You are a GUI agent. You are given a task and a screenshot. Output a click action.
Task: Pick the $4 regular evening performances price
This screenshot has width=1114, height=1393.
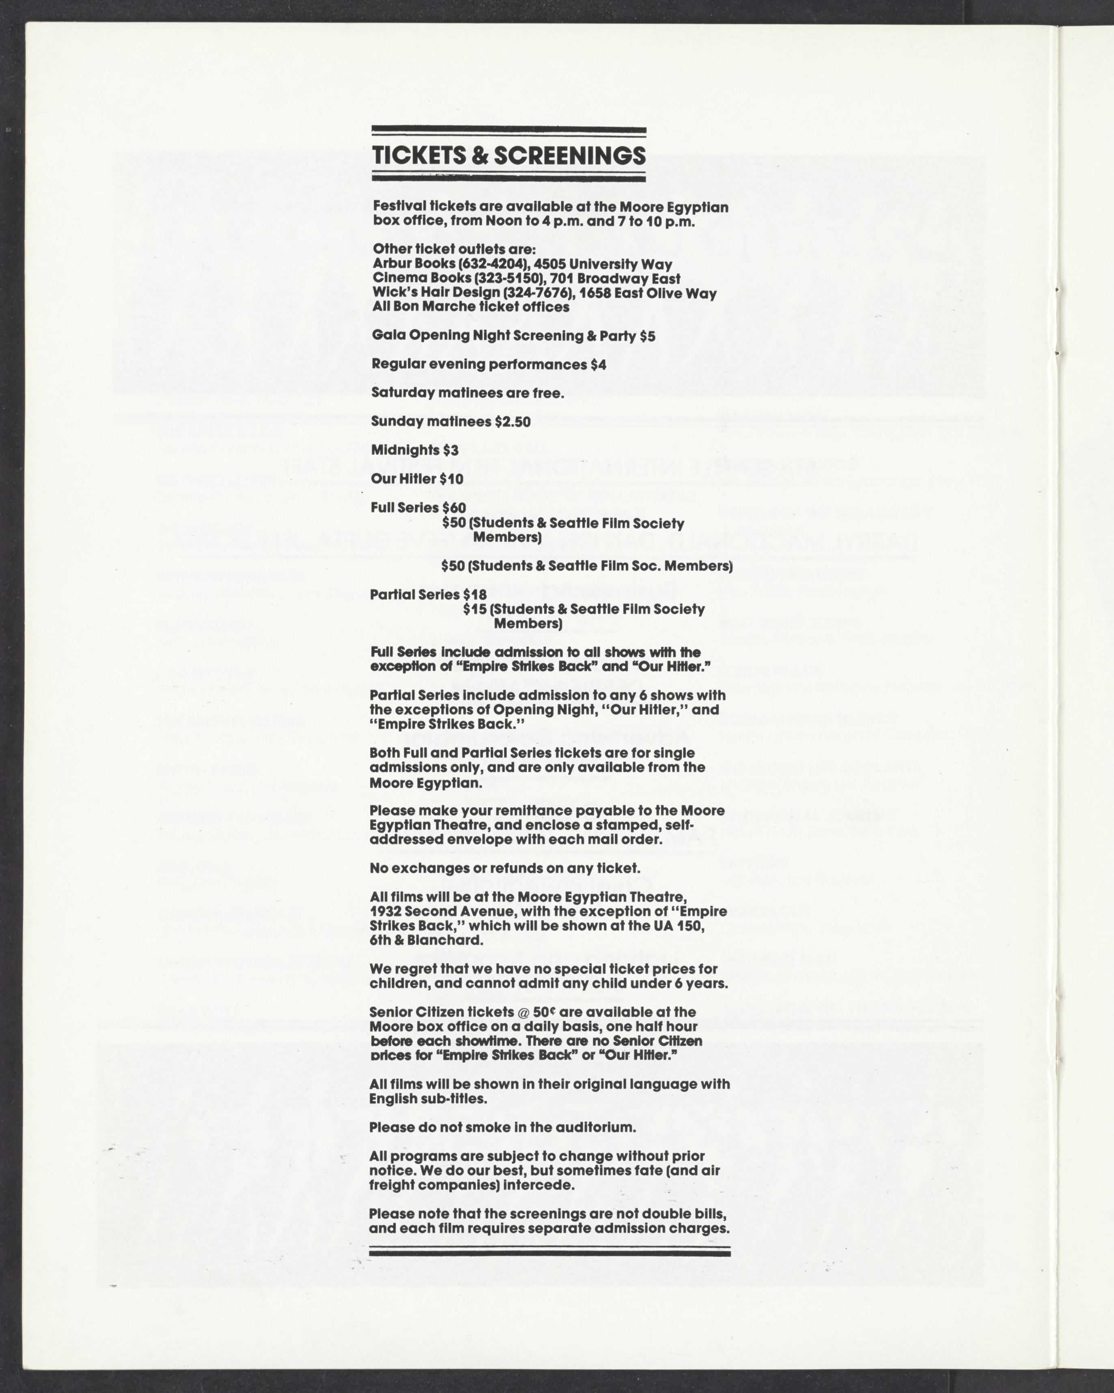pos(598,364)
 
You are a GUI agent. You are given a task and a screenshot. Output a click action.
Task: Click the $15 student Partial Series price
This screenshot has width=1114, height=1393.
pos(474,609)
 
